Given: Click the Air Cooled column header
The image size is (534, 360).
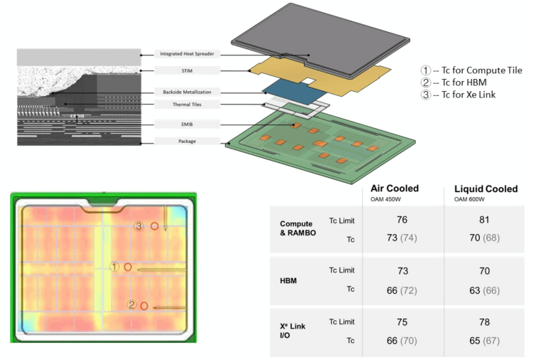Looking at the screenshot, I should click(394, 189).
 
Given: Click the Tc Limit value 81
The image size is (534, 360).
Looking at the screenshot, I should click(484, 220).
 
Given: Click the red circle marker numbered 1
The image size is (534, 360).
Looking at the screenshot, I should click(128, 268).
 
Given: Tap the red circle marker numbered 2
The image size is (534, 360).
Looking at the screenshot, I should click(144, 306).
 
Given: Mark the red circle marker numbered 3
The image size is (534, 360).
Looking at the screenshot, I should click(153, 226).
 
